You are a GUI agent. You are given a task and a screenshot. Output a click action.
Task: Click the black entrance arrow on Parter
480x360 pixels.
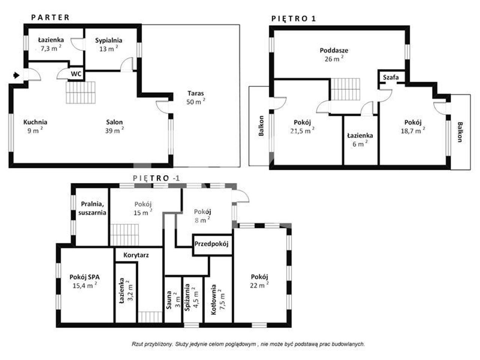point(16,75)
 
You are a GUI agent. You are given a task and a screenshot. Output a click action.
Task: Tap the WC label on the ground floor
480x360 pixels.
point(76,74)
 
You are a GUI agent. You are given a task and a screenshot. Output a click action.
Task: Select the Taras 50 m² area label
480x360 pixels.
point(196,97)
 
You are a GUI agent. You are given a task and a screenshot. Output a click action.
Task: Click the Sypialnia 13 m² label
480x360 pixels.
point(109,44)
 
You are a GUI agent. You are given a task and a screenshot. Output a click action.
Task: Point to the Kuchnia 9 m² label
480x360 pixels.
point(35,126)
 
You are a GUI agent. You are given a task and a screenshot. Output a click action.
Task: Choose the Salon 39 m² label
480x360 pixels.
point(114,126)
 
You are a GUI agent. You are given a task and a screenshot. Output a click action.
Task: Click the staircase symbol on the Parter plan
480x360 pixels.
point(81,92)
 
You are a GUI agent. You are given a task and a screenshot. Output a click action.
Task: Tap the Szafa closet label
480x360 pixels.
point(391,77)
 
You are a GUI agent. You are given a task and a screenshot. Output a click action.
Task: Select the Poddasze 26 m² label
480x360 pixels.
point(334,54)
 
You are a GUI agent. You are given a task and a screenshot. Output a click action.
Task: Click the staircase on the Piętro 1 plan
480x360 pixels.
point(345,89)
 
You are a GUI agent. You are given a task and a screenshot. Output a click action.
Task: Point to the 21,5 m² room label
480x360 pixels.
point(302,126)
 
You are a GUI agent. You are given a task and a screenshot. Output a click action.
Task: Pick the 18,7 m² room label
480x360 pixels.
point(413,126)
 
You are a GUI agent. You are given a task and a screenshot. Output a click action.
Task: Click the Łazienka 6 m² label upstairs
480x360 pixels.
point(360,140)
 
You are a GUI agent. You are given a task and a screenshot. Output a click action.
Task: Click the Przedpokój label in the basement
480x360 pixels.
point(211,244)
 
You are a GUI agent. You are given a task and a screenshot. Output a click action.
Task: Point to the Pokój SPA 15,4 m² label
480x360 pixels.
point(85,281)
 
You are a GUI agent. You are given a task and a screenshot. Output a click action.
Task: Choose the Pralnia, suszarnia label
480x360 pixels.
point(92,208)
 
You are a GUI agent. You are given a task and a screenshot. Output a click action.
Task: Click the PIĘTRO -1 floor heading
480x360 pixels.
point(156,178)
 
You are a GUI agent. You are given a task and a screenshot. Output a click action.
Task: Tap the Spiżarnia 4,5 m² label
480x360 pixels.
point(191,295)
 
